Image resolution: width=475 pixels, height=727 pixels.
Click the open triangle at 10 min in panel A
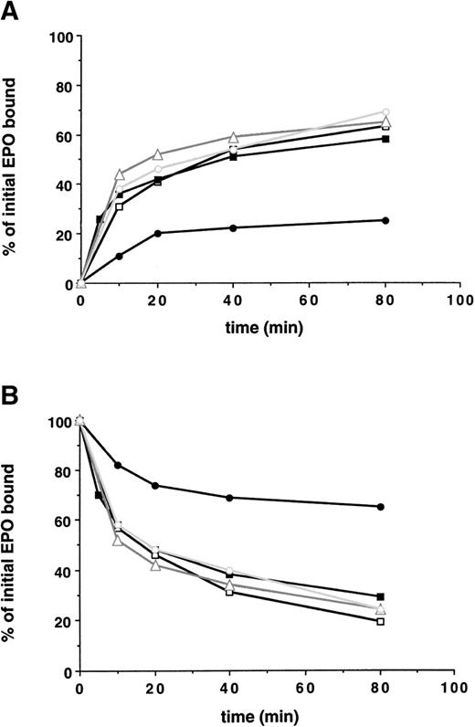tap(120, 174)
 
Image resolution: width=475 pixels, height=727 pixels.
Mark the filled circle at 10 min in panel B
tap(119, 466)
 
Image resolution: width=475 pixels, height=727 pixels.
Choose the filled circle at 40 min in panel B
tap(229, 498)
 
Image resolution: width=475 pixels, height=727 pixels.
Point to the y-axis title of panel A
tap(14, 160)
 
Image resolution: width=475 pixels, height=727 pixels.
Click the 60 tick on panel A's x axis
tap(309, 302)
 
